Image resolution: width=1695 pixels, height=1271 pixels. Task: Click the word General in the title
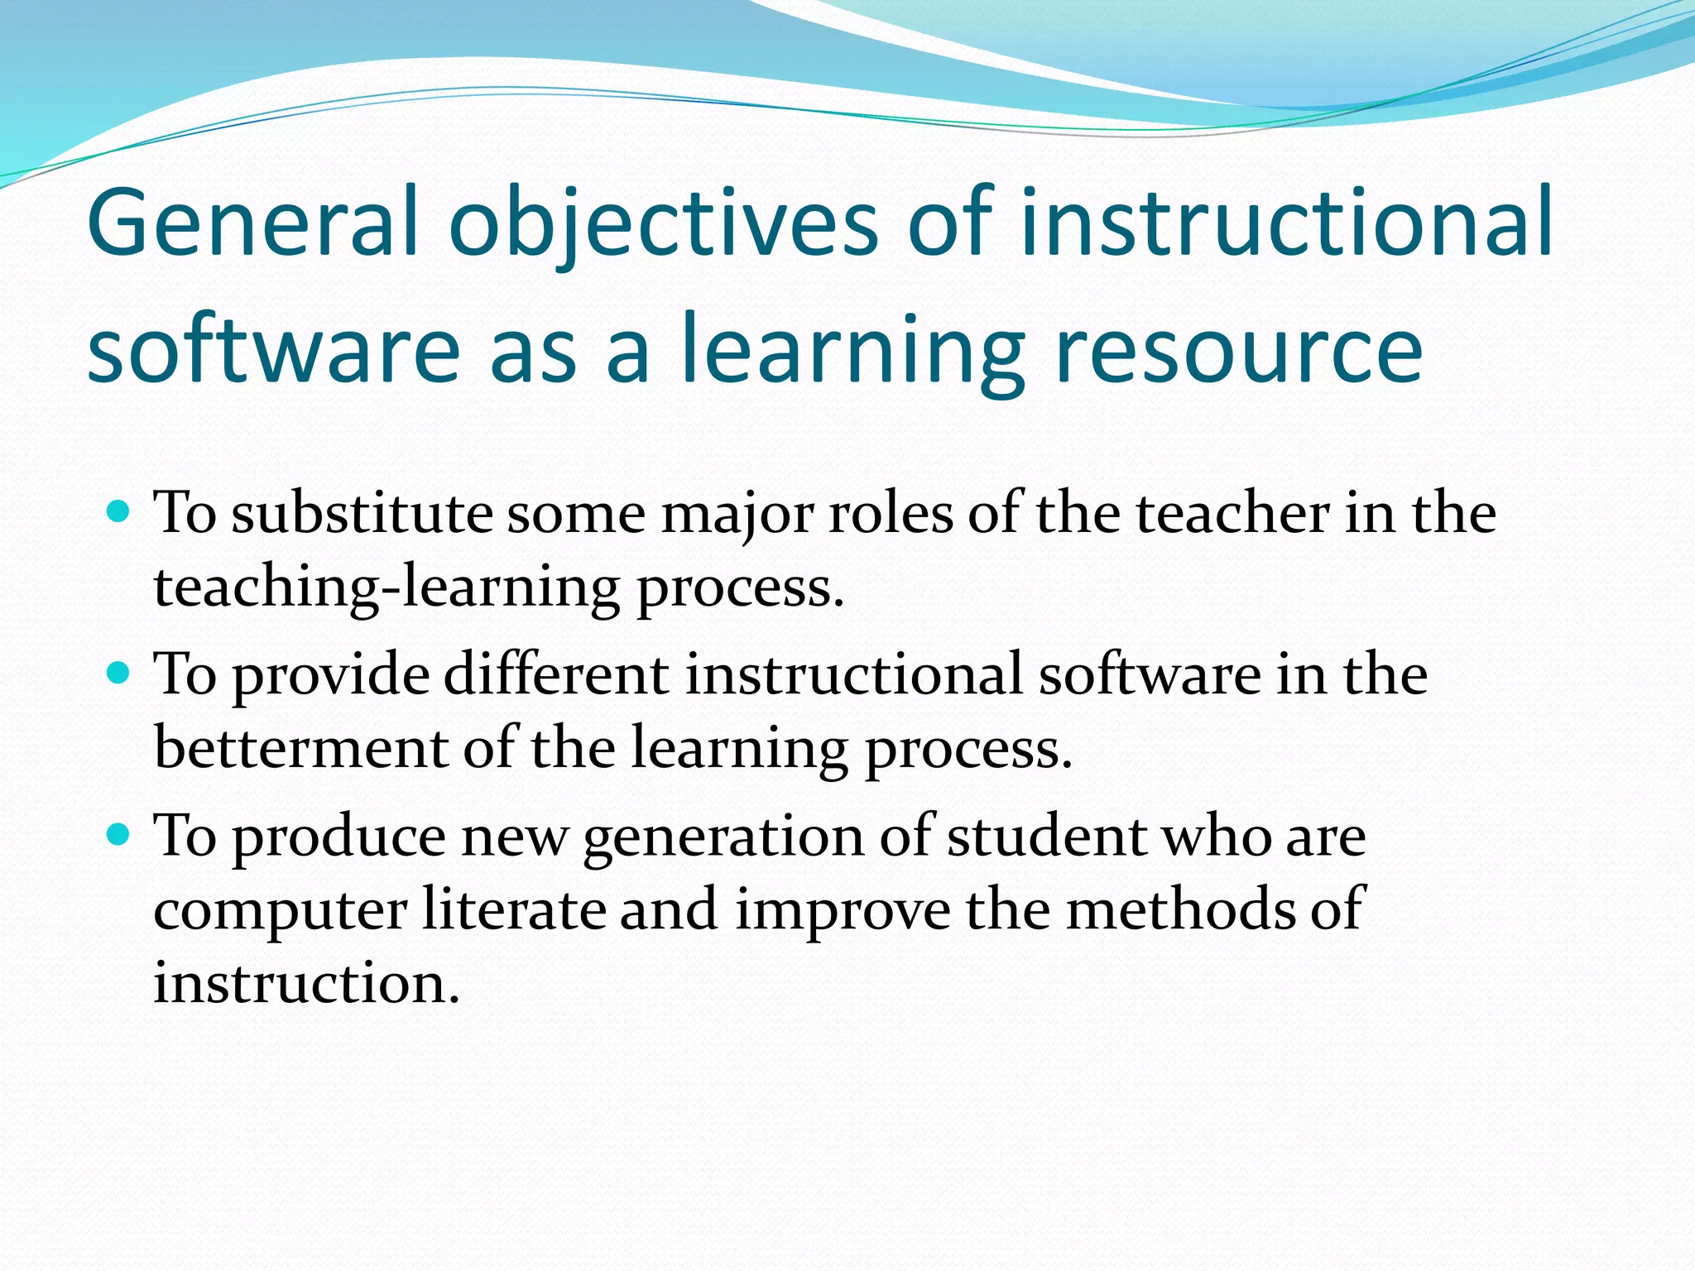point(252,222)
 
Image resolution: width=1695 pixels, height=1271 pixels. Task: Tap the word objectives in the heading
point(662,222)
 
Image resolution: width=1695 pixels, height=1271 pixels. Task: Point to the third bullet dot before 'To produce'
point(119,835)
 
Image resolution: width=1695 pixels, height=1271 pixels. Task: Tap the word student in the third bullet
point(1046,836)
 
